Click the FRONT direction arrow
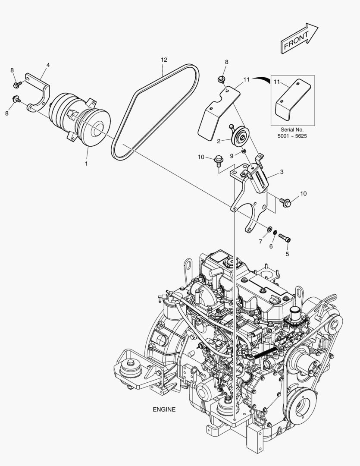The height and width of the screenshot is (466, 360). [299, 39]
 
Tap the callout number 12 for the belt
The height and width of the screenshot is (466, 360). [164, 60]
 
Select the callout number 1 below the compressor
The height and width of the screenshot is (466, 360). [86, 164]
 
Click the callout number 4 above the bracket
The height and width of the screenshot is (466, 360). [48, 65]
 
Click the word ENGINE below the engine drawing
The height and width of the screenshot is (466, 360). [164, 409]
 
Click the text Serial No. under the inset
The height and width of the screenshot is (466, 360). [292, 129]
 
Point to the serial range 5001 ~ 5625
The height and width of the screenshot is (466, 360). [292, 136]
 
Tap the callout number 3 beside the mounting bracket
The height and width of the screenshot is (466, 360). [281, 172]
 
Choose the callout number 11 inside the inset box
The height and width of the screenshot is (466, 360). [277, 82]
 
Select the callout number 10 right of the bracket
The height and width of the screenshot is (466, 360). [303, 194]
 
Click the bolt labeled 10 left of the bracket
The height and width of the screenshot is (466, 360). [217, 161]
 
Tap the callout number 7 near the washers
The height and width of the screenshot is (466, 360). [260, 242]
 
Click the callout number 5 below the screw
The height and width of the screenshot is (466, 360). [287, 254]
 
